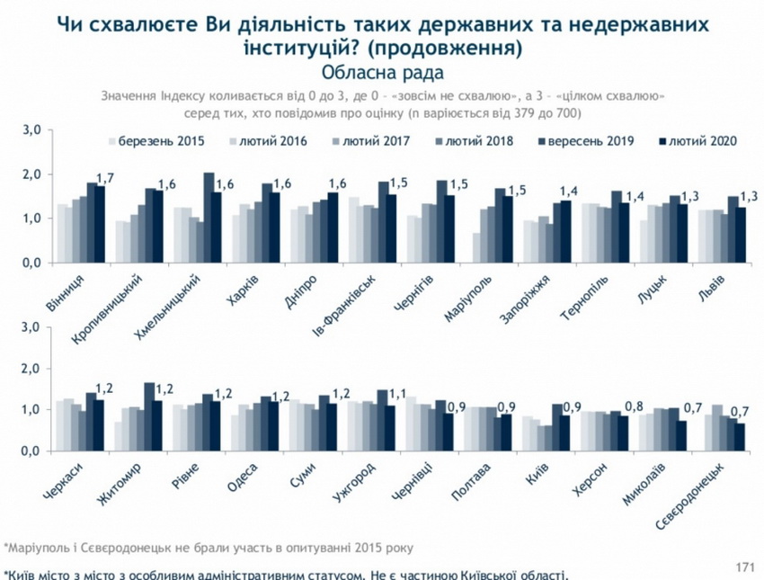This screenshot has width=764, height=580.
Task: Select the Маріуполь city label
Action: (x=466, y=292)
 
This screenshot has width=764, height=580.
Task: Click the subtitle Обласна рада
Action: (x=381, y=69)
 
